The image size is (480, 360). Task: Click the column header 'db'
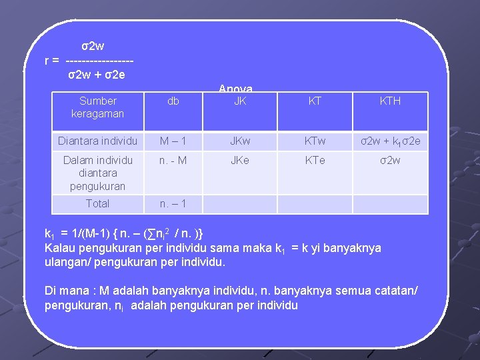click(173, 101)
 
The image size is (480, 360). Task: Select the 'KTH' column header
click(390, 101)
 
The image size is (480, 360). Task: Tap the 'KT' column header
click(315, 101)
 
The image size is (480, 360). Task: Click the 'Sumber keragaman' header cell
click(97, 107)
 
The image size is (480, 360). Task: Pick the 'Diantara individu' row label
click(97, 141)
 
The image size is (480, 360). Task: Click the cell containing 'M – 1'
click(173, 141)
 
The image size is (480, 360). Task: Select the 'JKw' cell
click(240, 141)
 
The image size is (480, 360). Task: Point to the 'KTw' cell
click(315, 141)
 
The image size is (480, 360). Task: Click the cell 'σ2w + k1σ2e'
click(390, 141)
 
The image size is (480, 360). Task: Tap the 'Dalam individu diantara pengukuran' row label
click(97, 173)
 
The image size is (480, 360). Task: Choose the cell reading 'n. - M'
click(173, 160)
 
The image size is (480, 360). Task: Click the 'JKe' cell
click(240, 160)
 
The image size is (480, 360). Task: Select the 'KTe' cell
click(315, 160)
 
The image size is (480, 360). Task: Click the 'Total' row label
click(97, 203)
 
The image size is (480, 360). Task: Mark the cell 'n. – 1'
click(173, 203)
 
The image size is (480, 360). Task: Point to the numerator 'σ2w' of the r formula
click(93, 47)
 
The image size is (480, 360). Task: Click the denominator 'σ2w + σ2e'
click(96, 74)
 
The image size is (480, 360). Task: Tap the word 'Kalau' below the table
click(60, 248)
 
